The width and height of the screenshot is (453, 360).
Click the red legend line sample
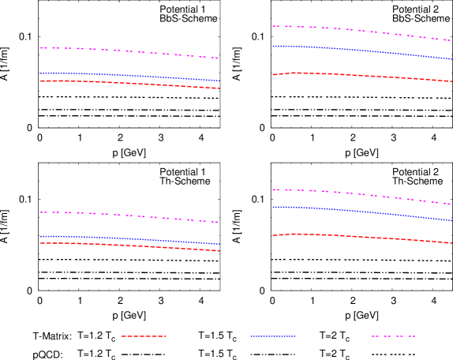144,336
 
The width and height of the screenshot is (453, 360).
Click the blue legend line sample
273,336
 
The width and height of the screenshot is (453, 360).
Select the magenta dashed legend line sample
393,336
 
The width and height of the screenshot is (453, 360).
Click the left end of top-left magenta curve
41,47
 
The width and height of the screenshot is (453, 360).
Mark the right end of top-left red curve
219,88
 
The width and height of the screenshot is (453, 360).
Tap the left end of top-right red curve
273,74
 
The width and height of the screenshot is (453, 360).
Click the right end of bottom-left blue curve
219,244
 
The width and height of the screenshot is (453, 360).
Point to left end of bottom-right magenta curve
273,189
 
